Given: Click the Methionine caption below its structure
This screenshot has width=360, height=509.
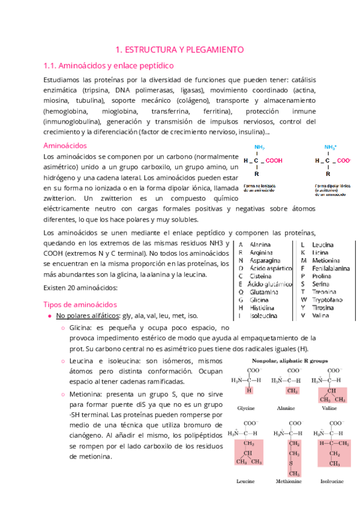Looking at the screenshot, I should point(286,481).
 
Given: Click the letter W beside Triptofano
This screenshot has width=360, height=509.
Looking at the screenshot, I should point(304,299).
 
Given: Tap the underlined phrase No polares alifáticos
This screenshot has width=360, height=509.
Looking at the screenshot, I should point(87,316).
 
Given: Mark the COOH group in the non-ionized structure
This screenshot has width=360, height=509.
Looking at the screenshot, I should point(274,160).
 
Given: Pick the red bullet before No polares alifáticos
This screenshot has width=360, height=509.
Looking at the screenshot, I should point(49,316).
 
